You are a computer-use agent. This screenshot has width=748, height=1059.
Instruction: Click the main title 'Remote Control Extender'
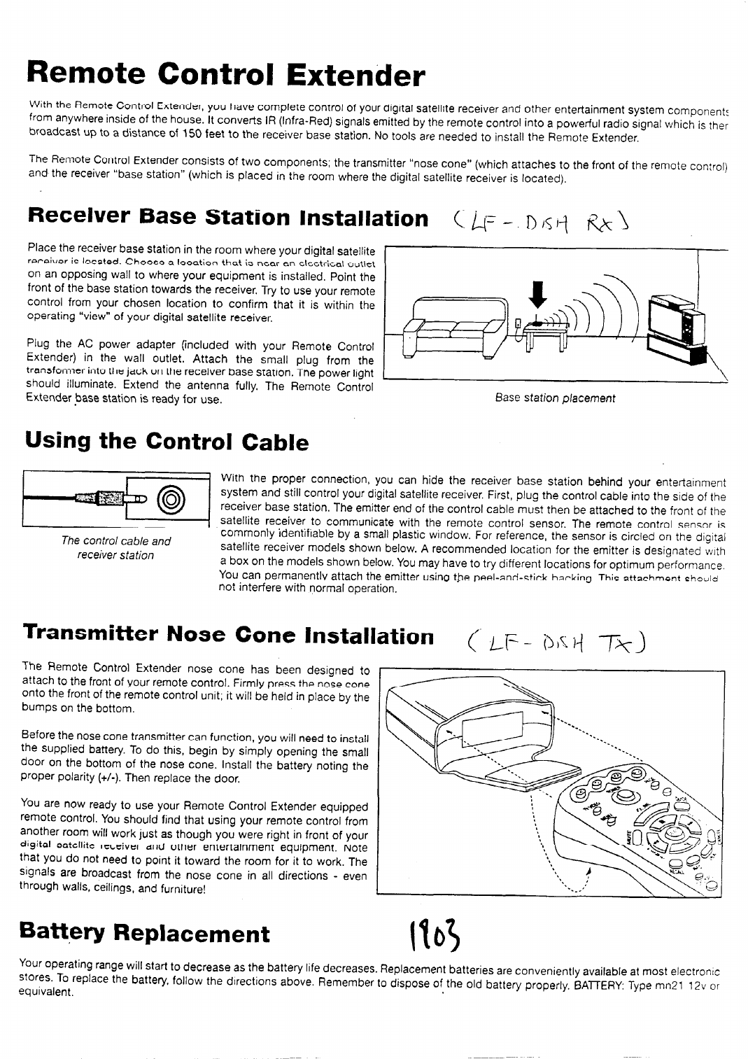tap(225, 75)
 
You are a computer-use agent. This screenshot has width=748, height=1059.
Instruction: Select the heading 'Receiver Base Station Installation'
tap(228, 217)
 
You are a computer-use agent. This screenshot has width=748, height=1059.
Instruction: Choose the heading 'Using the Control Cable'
tap(167, 441)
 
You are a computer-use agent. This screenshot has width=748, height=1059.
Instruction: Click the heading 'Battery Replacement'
tap(145, 932)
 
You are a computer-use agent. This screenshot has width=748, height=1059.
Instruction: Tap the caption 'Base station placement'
tap(555, 398)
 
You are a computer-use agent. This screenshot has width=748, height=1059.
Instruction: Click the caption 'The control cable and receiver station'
tap(116, 547)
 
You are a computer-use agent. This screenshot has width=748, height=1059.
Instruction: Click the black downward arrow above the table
tap(538, 295)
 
